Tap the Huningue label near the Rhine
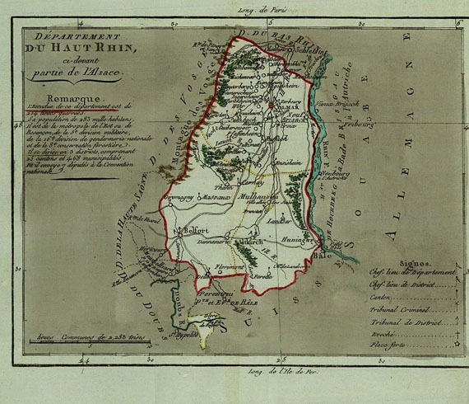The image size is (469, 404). click(x=298, y=235)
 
